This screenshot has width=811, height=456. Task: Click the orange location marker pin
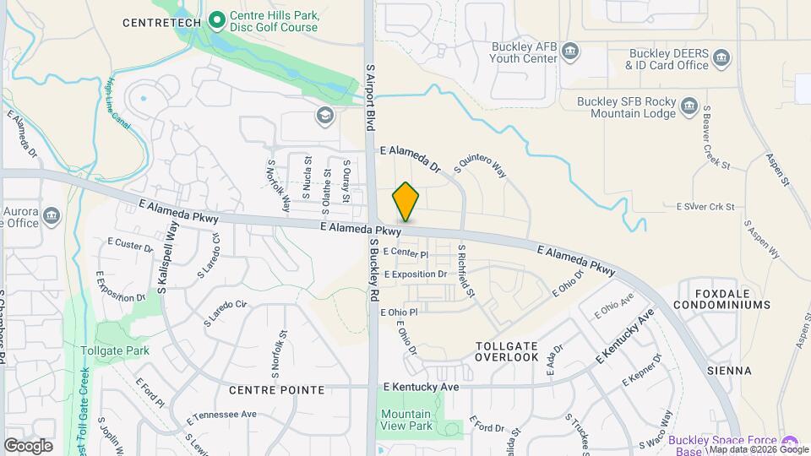coord(405,203)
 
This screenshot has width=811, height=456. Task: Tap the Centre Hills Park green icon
coord(216,17)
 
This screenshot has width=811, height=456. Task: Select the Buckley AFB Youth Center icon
coord(570,52)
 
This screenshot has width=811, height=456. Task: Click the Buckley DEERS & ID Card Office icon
coord(721,58)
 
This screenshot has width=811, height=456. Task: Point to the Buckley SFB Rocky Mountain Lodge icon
coord(690,107)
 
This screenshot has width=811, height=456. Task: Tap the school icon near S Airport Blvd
coord(324,115)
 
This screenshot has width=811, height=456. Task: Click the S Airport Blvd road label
coord(369,96)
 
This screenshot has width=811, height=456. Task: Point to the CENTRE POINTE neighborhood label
coord(275,390)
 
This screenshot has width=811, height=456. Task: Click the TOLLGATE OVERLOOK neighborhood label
coord(507,351)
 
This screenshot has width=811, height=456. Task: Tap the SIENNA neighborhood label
coord(731,371)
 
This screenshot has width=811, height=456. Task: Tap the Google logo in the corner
coord(29,445)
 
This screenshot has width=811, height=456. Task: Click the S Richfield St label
coord(465,270)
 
